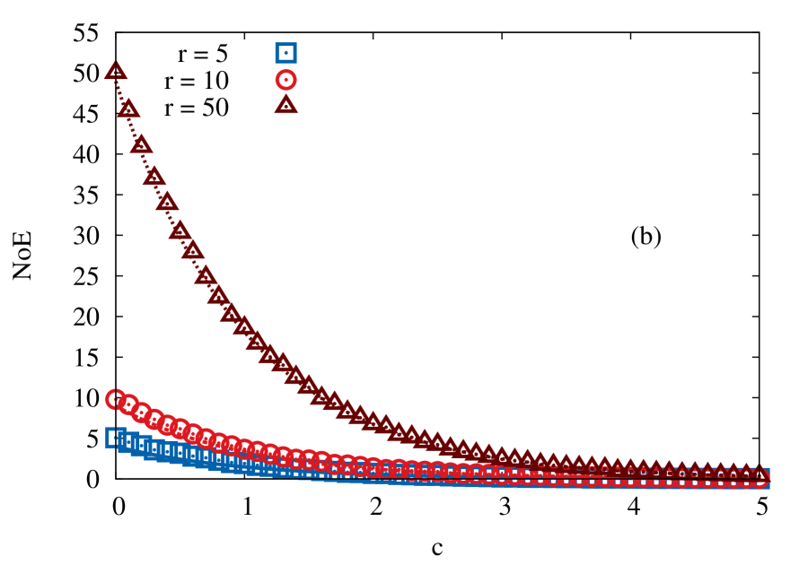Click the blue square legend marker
[x=285, y=53]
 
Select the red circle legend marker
[x=285, y=80]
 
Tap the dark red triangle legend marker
[x=285, y=105]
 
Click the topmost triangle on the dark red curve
[x=116, y=71]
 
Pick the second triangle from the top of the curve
[x=128, y=109]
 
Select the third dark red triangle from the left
[x=141, y=144]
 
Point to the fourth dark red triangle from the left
[x=154, y=177]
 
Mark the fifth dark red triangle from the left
[x=167, y=202]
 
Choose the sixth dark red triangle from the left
[x=180, y=230]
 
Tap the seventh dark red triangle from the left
[x=192, y=250]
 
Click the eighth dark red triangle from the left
[x=206, y=275]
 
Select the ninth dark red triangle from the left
[x=218, y=295]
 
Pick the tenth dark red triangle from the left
[x=231, y=313]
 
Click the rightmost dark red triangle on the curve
[x=759, y=474]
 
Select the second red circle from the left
[x=128, y=404]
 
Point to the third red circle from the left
[x=141, y=413]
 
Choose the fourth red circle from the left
[x=154, y=418]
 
